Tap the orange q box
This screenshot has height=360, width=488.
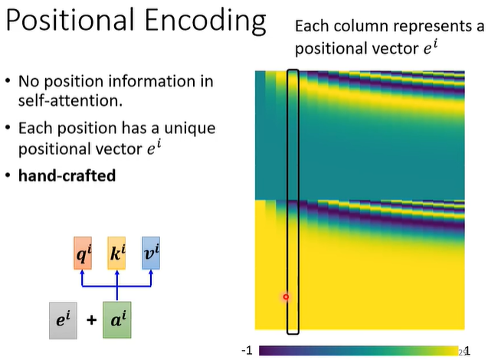83,252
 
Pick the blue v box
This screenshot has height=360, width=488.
152,252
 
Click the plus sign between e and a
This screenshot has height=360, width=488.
91,319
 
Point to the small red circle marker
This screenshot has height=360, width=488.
286,296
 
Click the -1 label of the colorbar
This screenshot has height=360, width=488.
247,351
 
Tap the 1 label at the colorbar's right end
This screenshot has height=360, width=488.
467,351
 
